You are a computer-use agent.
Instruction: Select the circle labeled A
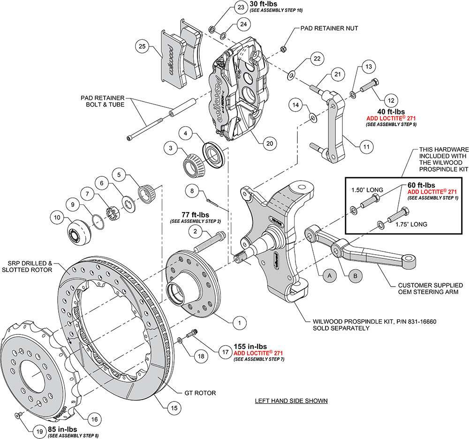pos(329,276)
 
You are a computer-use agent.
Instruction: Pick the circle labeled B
pos(355,276)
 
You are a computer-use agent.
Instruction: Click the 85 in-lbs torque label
pos(62,429)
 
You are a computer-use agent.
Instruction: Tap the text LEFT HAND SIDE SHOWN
pos(291,401)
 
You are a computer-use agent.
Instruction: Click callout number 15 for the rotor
pos(174,408)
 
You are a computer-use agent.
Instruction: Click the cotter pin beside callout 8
pos(213,203)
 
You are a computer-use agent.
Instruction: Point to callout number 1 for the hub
pos(240,322)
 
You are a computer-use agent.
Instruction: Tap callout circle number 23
pos(241,8)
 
